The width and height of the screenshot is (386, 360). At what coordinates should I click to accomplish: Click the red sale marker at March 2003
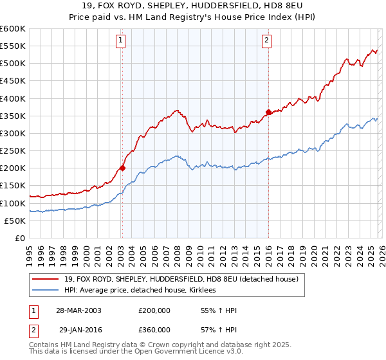pos(122,168)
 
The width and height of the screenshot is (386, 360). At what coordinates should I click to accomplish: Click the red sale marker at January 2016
pos(268,112)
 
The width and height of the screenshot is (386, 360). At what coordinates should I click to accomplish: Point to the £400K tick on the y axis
pos(12,98)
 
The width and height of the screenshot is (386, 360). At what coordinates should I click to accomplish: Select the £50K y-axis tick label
pos(14,221)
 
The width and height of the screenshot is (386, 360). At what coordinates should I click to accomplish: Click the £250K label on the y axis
pos(12,150)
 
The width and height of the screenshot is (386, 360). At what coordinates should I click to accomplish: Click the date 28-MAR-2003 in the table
pos(78,310)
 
